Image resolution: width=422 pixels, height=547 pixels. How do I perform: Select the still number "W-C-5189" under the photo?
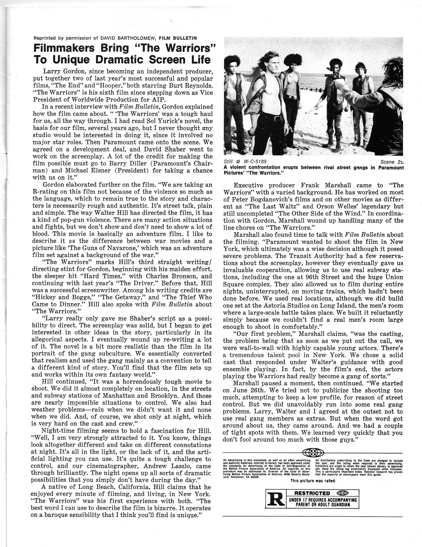point(252,162)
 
